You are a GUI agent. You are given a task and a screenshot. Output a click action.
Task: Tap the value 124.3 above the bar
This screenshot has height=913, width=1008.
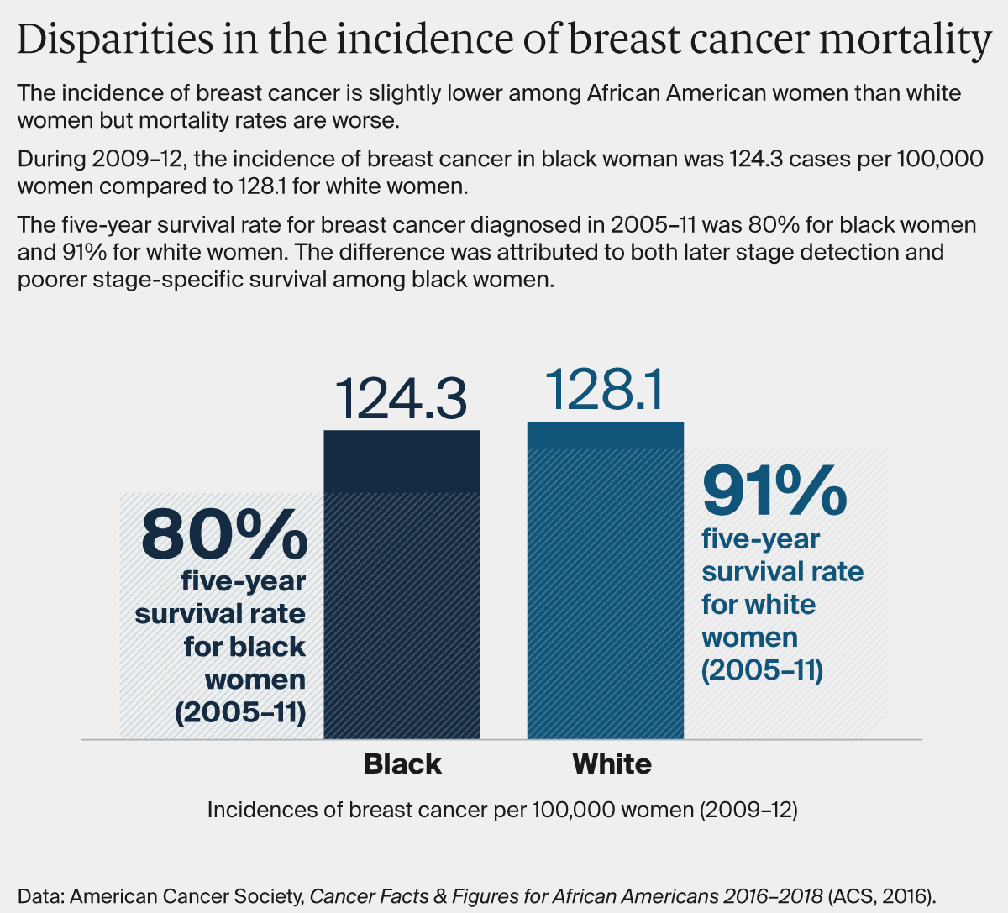point(401,399)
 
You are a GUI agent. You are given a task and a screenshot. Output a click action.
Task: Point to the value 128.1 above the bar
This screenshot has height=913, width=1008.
point(604,390)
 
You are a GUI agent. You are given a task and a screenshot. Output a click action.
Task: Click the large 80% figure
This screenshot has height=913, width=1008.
point(224,533)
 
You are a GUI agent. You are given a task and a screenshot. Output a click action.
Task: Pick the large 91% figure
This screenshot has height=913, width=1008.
point(774,491)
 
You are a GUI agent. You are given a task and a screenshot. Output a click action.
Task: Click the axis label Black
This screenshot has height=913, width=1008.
point(402,764)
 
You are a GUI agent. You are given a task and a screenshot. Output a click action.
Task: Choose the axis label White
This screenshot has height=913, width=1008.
point(612,764)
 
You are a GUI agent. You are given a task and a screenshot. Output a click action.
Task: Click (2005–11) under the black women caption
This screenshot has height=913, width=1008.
point(240,712)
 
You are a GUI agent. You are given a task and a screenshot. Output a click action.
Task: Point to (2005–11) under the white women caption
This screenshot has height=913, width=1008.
point(762,670)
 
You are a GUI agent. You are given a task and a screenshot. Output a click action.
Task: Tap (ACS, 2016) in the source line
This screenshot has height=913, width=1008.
point(881,896)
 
